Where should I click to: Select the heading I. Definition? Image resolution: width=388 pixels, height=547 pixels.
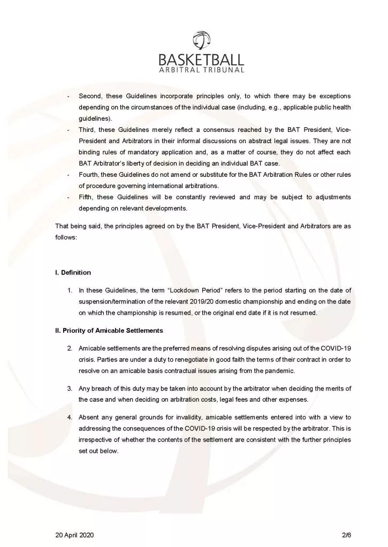pos(73,272)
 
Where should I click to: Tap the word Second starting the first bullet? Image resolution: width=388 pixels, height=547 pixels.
pos(90,96)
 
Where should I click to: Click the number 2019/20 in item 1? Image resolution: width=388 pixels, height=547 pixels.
pos(226,302)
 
